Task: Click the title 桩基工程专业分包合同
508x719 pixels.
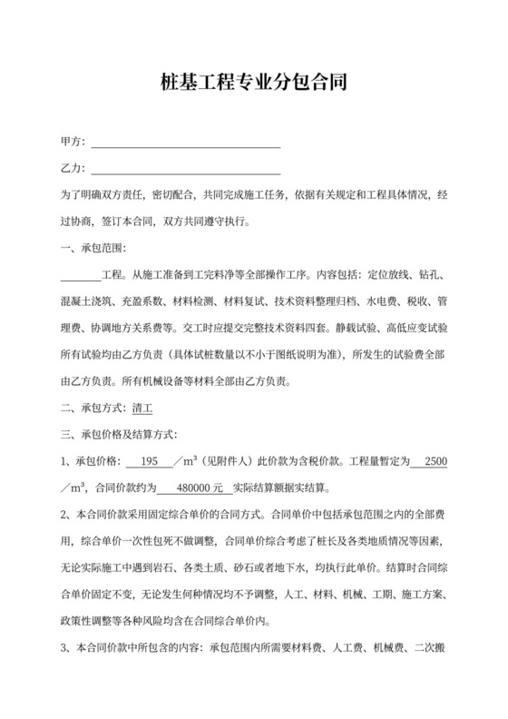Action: (253, 84)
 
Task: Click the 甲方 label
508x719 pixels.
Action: (72, 143)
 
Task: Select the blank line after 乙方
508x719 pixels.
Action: (186, 169)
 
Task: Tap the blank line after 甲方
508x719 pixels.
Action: (186, 143)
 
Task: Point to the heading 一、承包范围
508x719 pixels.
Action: (93, 248)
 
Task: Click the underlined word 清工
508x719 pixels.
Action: (142, 408)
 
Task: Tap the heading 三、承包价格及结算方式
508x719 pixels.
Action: (119, 434)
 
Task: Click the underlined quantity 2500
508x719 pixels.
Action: (435, 460)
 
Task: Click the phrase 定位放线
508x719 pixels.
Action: (385, 273)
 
